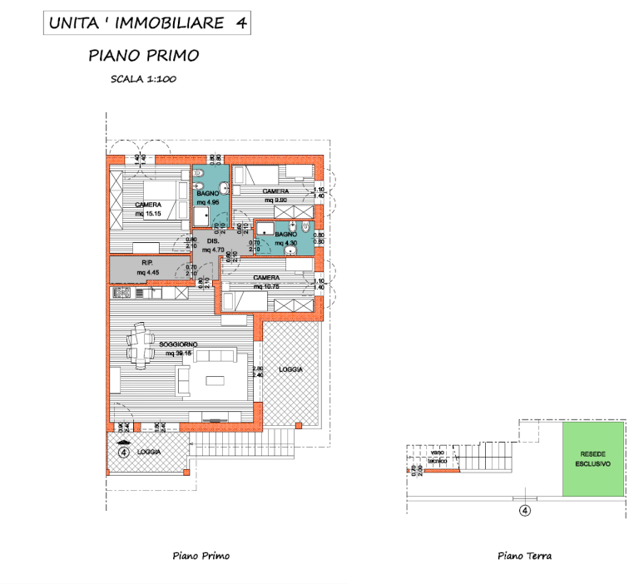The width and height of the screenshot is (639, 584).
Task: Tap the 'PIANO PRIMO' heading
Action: pyautogui.click(x=144, y=56)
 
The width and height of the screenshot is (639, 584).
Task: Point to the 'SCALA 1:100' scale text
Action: pyautogui.click(x=144, y=80)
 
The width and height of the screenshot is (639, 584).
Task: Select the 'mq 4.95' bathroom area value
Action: pyautogui.click(x=207, y=202)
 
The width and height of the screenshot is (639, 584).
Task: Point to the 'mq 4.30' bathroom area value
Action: pyautogui.click(x=285, y=244)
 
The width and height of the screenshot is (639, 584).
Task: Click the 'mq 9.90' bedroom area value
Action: pyautogui.click(x=275, y=200)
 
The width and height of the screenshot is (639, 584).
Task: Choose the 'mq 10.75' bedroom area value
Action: pyautogui.click(x=267, y=286)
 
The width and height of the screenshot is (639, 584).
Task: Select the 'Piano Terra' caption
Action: pyautogui.click(x=524, y=556)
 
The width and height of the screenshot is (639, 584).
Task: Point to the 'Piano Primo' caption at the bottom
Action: pyautogui.click(x=201, y=556)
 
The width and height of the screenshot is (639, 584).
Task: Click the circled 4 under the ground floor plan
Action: pyautogui.click(x=524, y=511)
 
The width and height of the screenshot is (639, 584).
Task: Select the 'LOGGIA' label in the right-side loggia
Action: pyautogui.click(x=290, y=369)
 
